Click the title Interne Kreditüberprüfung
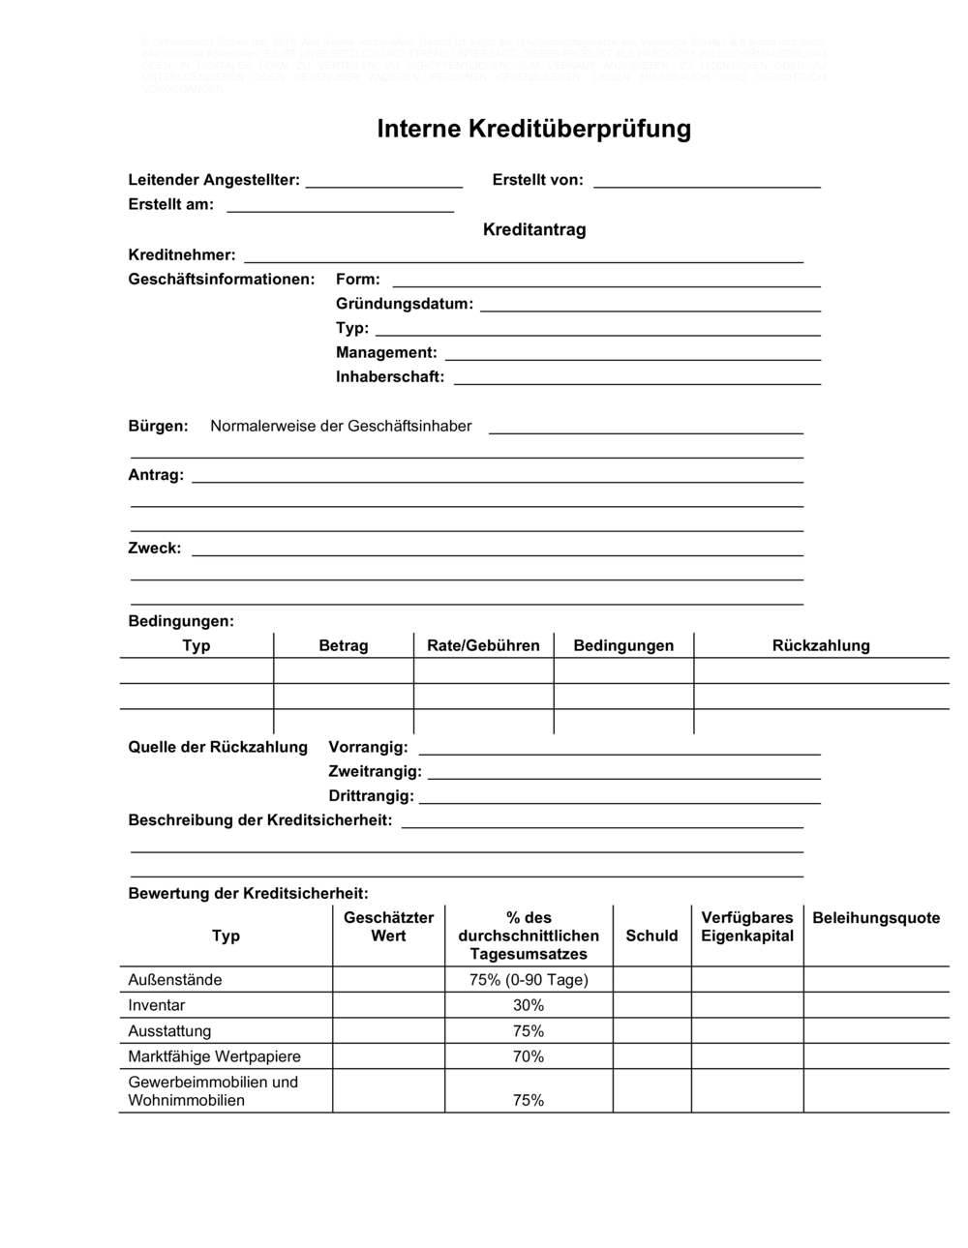(x=533, y=129)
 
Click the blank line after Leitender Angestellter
(x=383, y=182)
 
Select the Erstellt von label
(x=537, y=180)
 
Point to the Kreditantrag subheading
(x=534, y=230)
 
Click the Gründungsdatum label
(x=405, y=304)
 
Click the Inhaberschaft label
(x=390, y=377)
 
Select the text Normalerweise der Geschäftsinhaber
(x=341, y=427)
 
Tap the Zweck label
(x=155, y=549)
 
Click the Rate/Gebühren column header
(x=483, y=645)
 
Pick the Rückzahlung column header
(x=821, y=645)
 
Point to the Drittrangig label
(x=371, y=796)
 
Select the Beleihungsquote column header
(x=876, y=918)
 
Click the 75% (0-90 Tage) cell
(x=529, y=980)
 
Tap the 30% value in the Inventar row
(x=529, y=1005)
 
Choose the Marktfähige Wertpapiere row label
(x=214, y=1056)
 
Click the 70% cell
(x=529, y=1056)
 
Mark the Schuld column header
(x=651, y=936)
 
